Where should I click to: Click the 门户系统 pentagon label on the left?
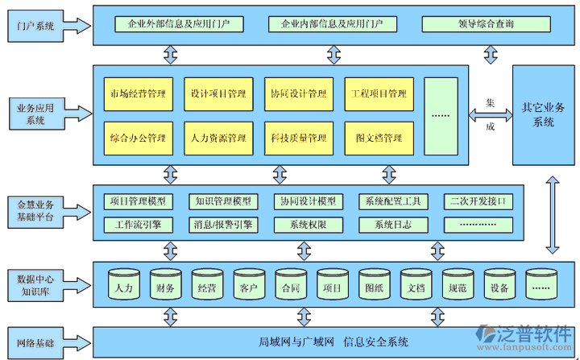coord(36,27)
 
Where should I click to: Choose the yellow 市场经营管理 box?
coord(138,94)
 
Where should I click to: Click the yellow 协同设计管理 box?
coord(298,94)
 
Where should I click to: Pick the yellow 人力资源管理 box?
coord(218,139)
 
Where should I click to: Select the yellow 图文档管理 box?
coord(379,139)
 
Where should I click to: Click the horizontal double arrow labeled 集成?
coord(490,115)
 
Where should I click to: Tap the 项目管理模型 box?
coord(138,201)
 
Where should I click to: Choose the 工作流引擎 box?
coord(138,225)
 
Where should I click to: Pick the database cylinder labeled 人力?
coord(124,285)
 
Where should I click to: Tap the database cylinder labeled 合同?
coord(291,285)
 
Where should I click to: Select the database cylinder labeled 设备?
coord(499,285)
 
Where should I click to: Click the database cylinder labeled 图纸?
coord(374,285)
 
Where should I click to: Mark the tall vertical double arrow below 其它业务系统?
coord(553,217)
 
